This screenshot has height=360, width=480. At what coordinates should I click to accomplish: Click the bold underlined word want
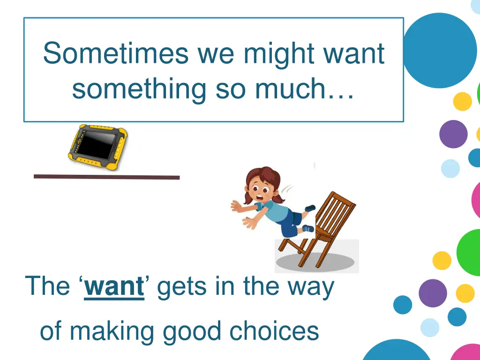pos(114,286)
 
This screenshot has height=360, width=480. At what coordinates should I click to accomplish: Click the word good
pos(193,331)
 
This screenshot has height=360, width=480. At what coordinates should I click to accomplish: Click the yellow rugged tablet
pos(98,147)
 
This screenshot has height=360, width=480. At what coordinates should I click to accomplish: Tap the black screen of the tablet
pos(97,145)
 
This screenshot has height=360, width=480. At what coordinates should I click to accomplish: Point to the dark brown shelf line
pos(106,177)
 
